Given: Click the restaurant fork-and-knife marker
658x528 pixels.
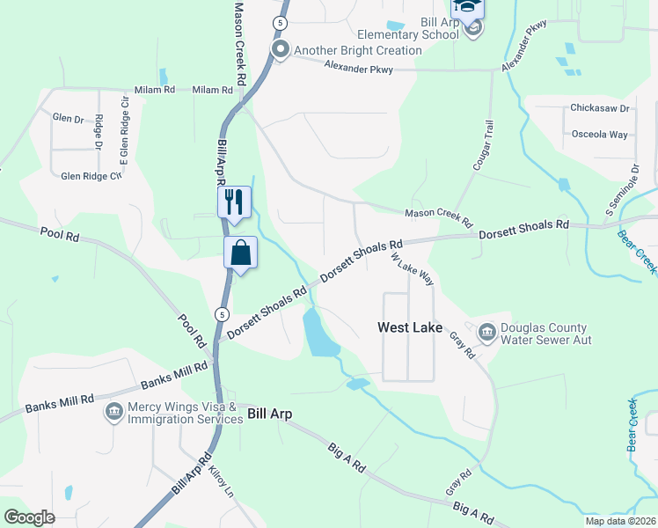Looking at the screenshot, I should [x=234, y=202].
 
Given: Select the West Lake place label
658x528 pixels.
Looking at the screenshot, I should [x=410, y=327].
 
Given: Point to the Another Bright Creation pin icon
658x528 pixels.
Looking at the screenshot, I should [x=281, y=50].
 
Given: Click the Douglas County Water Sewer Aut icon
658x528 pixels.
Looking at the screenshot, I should [x=486, y=332].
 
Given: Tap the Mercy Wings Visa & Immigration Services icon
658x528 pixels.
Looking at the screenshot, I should [x=113, y=412].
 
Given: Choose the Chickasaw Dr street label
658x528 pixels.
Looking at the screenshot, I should [x=600, y=108].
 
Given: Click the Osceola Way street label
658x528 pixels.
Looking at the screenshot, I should [x=599, y=135].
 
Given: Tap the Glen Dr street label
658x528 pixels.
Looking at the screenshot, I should [x=67, y=117].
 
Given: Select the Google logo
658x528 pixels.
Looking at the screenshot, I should [x=30, y=517].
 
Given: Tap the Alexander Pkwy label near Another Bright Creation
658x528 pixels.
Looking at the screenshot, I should [x=357, y=67].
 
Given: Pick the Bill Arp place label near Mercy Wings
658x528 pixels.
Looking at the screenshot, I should [x=269, y=413].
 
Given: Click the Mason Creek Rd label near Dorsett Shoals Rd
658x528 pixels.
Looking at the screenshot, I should [x=438, y=214].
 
